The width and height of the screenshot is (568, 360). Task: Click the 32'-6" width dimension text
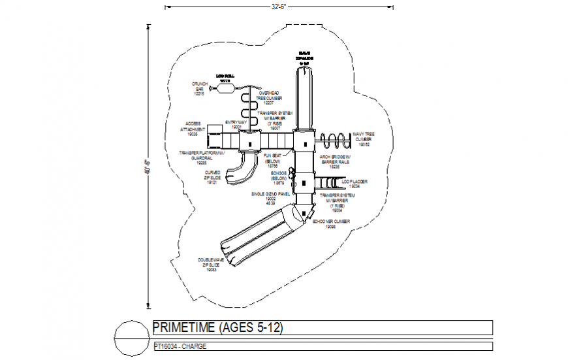[x=280, y=7]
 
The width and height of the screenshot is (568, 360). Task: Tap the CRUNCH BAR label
[x=199, y=89]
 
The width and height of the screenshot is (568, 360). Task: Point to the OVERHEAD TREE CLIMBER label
[x=273, y=98]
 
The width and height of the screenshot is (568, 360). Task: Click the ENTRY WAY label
[x=236, y=124]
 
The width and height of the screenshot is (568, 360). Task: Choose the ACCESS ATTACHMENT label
[x=193, y=128]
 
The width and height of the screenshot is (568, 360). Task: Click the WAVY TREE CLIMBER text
[x=364, y=139]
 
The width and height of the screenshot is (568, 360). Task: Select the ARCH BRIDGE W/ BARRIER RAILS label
[x=336, y=162]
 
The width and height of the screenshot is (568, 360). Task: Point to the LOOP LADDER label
[x=355, y=183]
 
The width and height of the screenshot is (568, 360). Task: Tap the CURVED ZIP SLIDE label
[x=212, y=177]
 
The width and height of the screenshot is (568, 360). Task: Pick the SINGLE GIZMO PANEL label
[x=270, y=199]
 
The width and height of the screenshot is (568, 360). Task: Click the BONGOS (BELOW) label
[x=279, y=178]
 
